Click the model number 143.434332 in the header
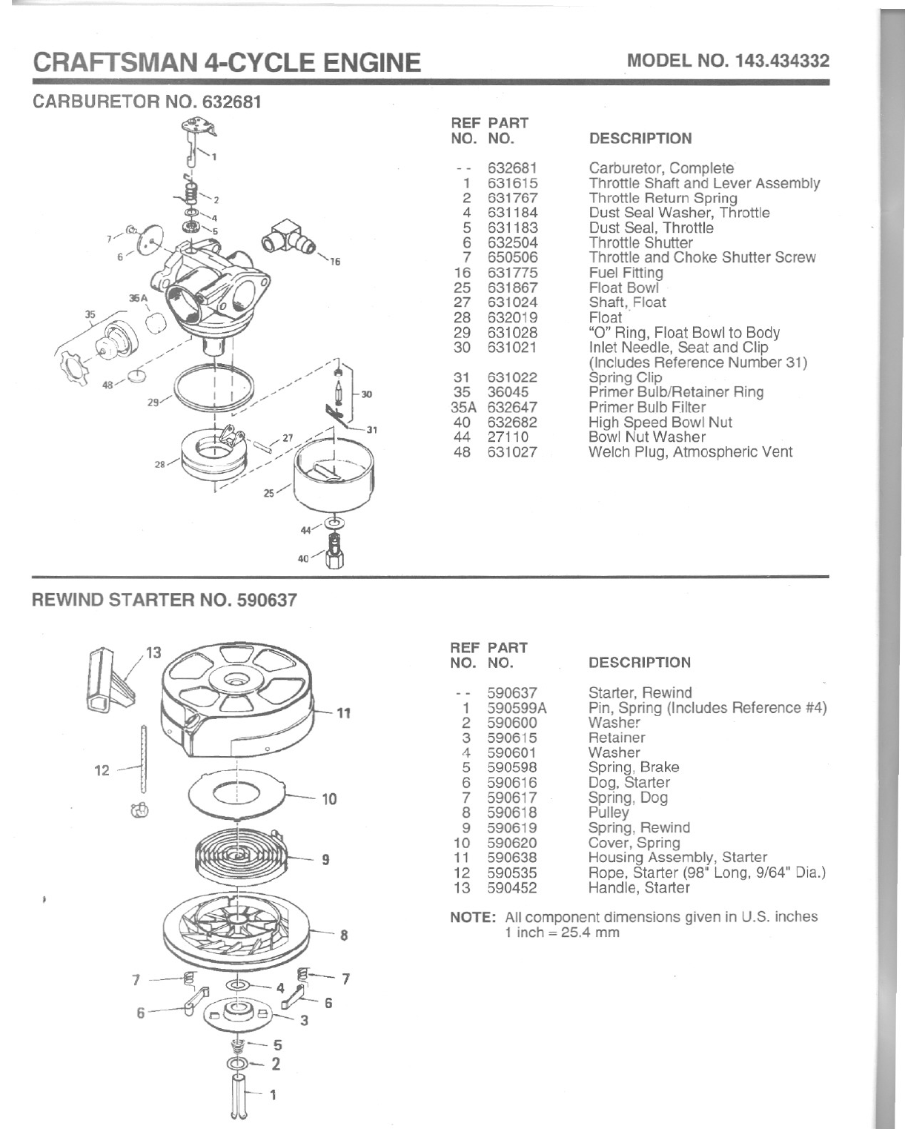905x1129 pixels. coord(782,61)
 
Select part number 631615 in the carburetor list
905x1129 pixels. coord(512,183)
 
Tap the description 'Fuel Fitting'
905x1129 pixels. coord(626,273)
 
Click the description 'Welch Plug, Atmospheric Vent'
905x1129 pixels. coord(690,451)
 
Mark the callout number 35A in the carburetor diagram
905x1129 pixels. coord(139,298)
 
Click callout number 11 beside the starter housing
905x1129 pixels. coord(343,714)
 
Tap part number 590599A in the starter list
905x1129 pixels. coord(517,708)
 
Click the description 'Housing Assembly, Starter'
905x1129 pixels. coord(677,858)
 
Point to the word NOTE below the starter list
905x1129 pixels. coord(473,917)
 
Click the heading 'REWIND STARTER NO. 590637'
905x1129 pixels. coord(163,600)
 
